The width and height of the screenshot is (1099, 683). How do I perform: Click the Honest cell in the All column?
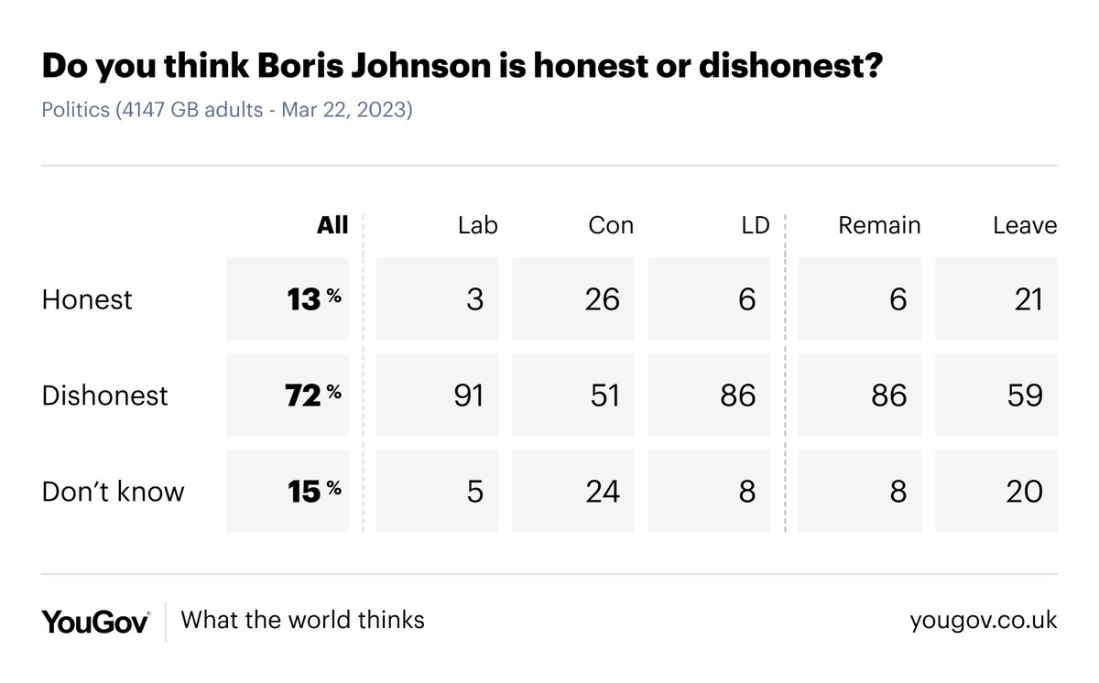(288, 299)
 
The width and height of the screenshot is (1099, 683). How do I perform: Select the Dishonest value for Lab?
(438, 395)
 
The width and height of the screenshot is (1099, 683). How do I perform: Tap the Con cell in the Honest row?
(573, 299)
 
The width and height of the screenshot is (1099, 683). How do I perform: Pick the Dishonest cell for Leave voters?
(996, 395)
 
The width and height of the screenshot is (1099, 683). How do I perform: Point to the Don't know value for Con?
(573, 491)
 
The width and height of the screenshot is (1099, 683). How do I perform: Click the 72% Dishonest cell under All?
(288, 395)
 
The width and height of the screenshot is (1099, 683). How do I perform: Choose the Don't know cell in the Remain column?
(860, 491)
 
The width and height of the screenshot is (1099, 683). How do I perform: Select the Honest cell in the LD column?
(710, 299)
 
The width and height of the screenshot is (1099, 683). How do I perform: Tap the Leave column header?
(1025, 225)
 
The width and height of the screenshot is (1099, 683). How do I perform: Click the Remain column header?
(879, 225)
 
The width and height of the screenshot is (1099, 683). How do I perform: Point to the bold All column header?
(332, 225)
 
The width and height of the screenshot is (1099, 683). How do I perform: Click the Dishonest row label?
(105, 395)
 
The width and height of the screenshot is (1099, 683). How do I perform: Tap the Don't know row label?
(113, 491)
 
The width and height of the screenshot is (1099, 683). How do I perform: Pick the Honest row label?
(87, 299)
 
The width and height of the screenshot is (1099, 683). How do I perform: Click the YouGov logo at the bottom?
(95, 621)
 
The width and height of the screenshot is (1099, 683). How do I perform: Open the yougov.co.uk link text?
(983, 621)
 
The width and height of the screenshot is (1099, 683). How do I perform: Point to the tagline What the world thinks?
(303, 620)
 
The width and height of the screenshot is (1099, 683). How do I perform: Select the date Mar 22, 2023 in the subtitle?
(346, 111)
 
